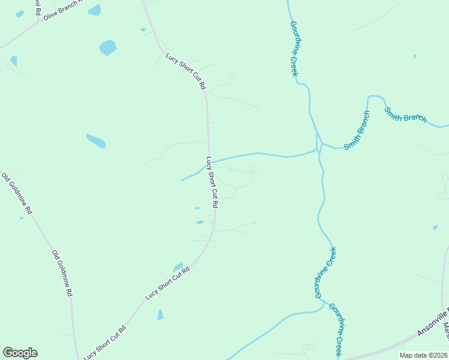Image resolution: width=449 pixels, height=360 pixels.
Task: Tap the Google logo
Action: pyautogui.click(x=20, y=353)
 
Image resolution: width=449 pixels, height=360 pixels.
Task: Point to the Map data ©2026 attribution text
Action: pyautogui.click(x=424, y=355)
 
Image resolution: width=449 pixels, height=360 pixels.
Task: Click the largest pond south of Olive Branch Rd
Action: pyautogui.click(x=107, y=47)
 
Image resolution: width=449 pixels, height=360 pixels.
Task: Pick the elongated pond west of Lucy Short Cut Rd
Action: pyautogui.click(x=96, y=141)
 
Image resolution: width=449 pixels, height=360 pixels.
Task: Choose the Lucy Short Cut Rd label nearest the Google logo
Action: pyautogui.click(x=105, y=342)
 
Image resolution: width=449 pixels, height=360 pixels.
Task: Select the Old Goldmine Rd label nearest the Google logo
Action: pyautogui.click(x=62, y=274)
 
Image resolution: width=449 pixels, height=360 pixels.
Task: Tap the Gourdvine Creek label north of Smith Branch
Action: pyautogui.click(x=294, y=49)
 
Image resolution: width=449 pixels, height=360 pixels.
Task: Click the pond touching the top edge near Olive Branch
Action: pyautogui.click(x=94, y=9)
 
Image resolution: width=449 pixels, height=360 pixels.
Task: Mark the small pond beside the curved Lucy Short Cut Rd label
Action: pyautogui.click(x=178, y=266)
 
